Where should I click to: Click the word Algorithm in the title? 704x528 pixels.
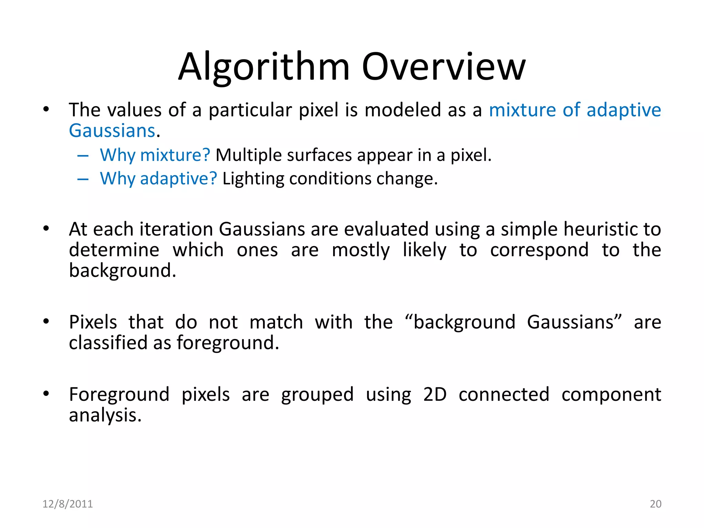click(264, 67)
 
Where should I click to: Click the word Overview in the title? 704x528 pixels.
click(444, 67)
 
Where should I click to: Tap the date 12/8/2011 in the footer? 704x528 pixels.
click(67, 504)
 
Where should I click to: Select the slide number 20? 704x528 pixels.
click(655, 504)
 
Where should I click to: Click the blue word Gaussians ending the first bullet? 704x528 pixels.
click(112, 131)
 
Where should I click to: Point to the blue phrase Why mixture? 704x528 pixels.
click(155, 155)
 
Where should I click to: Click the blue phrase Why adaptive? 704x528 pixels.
click(158, 179)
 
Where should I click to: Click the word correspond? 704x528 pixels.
click(539, 250)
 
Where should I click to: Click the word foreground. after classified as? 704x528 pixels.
click(228, 343)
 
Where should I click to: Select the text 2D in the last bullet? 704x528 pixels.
click(434, 395)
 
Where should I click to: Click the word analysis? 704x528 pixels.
click(105, 416)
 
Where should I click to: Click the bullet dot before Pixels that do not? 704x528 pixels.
click(46, 322)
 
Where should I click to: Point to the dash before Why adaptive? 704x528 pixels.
click(83, 179)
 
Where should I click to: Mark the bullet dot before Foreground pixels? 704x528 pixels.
click(46, 394)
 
